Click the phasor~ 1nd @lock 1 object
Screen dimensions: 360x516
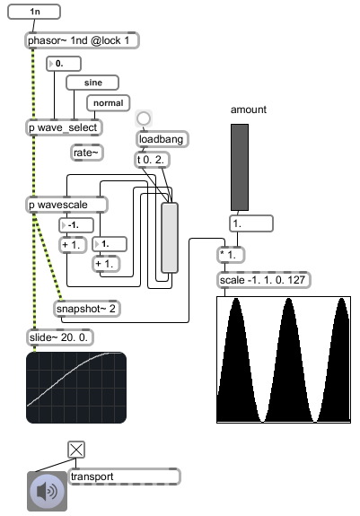83,40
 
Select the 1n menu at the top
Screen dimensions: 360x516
34,12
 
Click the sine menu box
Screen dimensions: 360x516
92,83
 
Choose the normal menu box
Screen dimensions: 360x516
109,103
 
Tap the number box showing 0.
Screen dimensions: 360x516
64,64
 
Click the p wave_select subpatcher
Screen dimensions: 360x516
64,127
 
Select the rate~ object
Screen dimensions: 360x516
87,153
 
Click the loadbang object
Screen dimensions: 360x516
162,139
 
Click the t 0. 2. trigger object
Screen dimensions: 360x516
152,160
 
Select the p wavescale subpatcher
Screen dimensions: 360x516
66,205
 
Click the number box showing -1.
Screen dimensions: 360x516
76,225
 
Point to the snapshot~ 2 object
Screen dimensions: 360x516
87,309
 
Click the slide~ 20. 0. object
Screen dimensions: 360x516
60,337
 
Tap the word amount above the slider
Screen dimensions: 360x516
249,109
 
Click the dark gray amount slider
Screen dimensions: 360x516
240,167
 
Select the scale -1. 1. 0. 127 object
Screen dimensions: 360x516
264,280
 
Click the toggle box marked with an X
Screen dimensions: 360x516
76,450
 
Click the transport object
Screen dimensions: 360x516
125,477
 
